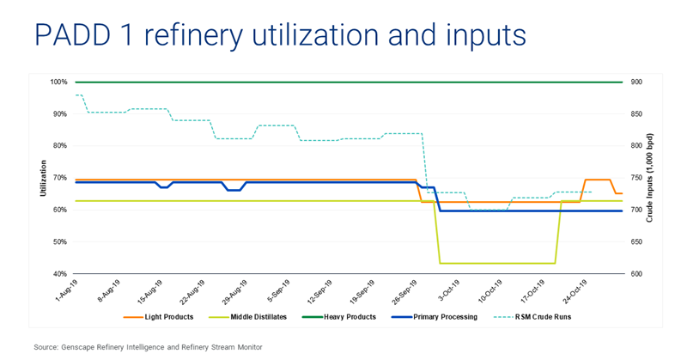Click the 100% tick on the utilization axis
59,82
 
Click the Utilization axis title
43,178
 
